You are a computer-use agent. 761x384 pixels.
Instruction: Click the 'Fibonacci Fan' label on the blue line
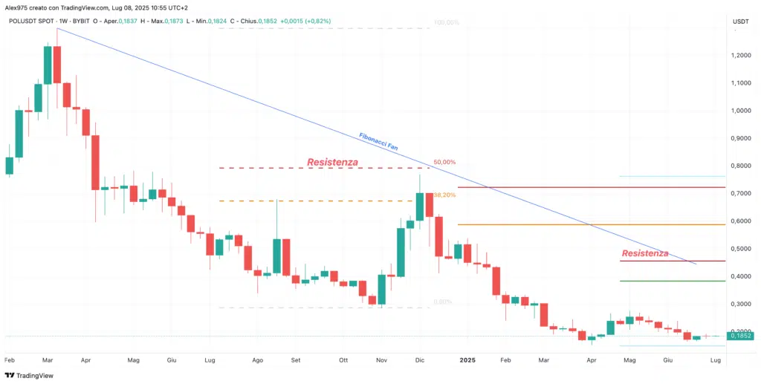(x=379, y=143)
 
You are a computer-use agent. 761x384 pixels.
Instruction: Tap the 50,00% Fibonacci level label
(x=444, y=162)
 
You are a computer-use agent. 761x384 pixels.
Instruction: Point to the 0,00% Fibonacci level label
(x=442, y=302)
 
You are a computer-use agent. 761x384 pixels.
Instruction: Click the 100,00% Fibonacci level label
(x=446, y=22)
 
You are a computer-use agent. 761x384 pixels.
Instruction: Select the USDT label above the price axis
(x=740, y=22)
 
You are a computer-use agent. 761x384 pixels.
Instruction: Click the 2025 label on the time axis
(x=467, y=359)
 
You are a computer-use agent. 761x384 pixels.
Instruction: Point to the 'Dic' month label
(x=420, y=359)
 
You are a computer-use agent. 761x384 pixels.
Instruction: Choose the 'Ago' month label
(x=258, y=359)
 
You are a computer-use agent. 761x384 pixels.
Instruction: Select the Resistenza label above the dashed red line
(x=332, y=162)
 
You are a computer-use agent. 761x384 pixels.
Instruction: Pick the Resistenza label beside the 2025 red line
(x=644, y=253)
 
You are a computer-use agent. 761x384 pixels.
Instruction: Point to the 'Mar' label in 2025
(x=544, y=359)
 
